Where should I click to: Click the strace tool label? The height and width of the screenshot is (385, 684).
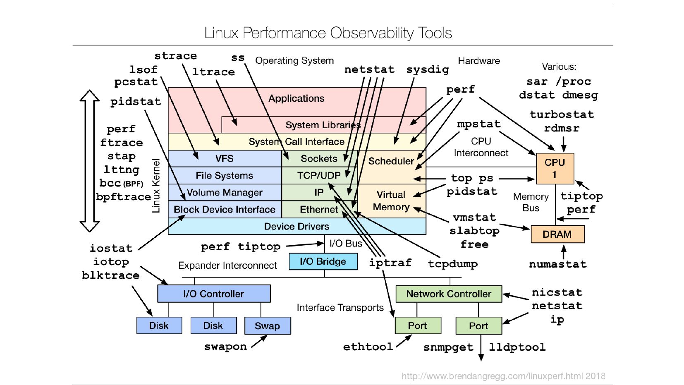point(175,56)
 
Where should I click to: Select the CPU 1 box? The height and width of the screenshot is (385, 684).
point(555,168)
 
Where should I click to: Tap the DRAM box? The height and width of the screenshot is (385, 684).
point(557,234)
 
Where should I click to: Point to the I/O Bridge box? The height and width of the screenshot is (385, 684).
point(323,261)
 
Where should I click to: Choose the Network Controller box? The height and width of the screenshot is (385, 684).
point(449,294)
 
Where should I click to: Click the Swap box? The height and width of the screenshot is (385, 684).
point(267,326)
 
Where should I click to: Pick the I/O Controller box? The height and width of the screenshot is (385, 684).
point(213,294)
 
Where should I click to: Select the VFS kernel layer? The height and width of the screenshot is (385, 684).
point(224,158)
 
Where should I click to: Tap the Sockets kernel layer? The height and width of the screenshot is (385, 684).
point(319,158)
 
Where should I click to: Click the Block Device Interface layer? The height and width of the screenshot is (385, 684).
point(224,210)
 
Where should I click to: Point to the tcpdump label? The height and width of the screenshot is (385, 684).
point(452,263)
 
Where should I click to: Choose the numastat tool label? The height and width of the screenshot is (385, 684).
point(557,264)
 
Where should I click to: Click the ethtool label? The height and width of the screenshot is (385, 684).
point(368,347)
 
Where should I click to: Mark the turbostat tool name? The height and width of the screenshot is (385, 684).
point(562,115)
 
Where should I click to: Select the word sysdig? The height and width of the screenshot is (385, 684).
point(428,69)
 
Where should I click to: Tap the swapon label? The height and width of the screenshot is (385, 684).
point(225,347)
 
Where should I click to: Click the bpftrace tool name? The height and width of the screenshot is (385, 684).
point(123,197)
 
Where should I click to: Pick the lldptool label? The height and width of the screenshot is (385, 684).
point(517,347)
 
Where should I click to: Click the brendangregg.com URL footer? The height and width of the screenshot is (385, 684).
point(503,376)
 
